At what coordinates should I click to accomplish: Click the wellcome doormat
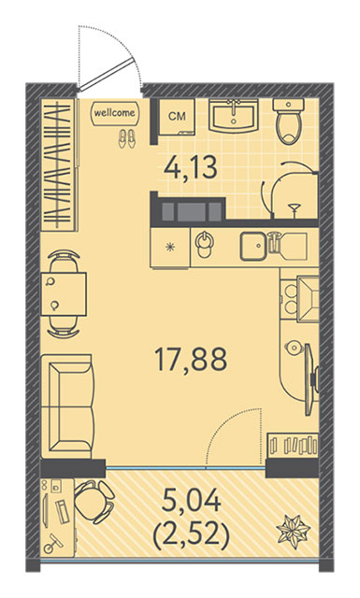pyautogui.click(x=115, y=113)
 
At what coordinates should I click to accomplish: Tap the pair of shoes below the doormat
pyautogui.click(x=127, y=138)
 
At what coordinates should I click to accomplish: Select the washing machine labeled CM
pyautogui.click(x=177, y=117)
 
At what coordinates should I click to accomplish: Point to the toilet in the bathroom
pyautogui.click(x=288, y=121)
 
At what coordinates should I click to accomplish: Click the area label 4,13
pyautogui.click(x=191, y=167)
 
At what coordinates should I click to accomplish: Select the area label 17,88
pyautogui.click(x=191, y=359)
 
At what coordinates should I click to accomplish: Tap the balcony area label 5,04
pyautogui.click(x=192, y=501)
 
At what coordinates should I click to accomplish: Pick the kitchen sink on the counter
pyautogui.click(x=252, y=247)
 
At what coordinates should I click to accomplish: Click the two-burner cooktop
pyautogui.click(x=290, y=300)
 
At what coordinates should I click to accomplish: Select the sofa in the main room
pyautogui.click(x=67, y=406)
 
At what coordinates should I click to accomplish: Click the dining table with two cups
pyautogui.click(x=64, y=293)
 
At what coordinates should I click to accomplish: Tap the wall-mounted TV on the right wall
pyautogui.click(x=310, y=379)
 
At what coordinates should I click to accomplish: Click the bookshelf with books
pyautogui.click(x=293, y=445)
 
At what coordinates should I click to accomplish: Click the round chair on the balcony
pyautogui.click(x=94, y=502)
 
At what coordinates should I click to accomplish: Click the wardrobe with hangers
pyautogui.click(x=59, y=164)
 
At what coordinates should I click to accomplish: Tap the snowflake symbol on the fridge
pyautogui.click(x=169, y=247)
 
